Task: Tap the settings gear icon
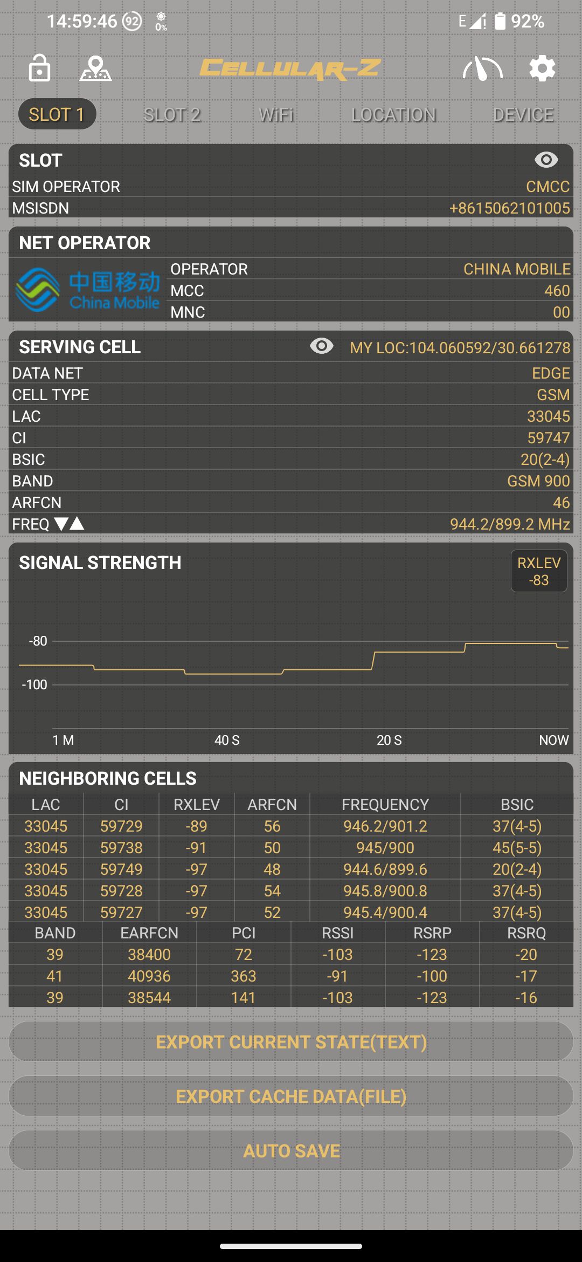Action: pyautogui.click(x=542, y=68)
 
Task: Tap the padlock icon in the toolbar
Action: pyautogui.click(x=39, y=68)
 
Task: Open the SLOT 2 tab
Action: pyautogui.click(x=172, y=115)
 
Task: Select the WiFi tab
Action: pyautogui.click(x=276, y=115)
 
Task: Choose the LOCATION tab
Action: pyautogui.click(x=393, y=115)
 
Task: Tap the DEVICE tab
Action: pyautogui.click(x=523, y=115)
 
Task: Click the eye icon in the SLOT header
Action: pyautogui.click(x=546, y=160)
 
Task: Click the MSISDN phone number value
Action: pyautogui.click(x=509, y=208)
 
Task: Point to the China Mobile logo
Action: pyautogui.click(x=88, y=290)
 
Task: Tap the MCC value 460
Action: pyautogui.click(x=557, y=291)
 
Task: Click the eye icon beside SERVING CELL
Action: pyautogui.click(x=322, y=346)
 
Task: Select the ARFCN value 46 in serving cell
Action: pyautogui.click(x=561, y=503)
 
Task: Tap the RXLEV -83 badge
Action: pyautogui.click(x=538, y=571)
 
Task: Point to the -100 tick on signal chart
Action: pyautogui.click(x=35, y=685)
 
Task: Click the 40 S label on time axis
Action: pyautogui.click(x=227, y=740)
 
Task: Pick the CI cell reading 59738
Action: pyautogui.click(x=121, y=848)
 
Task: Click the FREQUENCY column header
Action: pyautogui.click(x=385, y=805)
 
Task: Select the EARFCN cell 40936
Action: pyautogui.click(x=149, y=976)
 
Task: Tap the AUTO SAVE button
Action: pyautogui.click(x=291, y=1151)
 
